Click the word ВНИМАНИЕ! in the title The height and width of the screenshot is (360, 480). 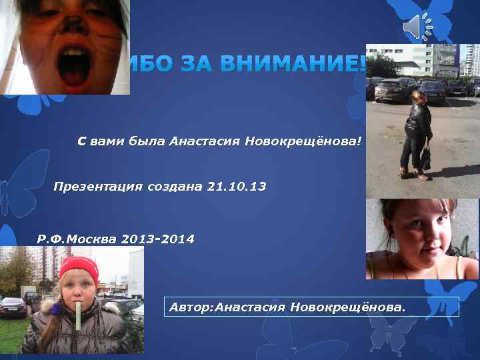coord(293,65)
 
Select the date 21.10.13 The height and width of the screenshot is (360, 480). coord(236,187)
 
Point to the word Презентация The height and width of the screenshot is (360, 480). coord(97,187)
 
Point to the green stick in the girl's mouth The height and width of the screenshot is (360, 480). coord(78,316)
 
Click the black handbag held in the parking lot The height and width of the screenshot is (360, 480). coord(425,158)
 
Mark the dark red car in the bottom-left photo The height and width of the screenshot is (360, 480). coord(13,306)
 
